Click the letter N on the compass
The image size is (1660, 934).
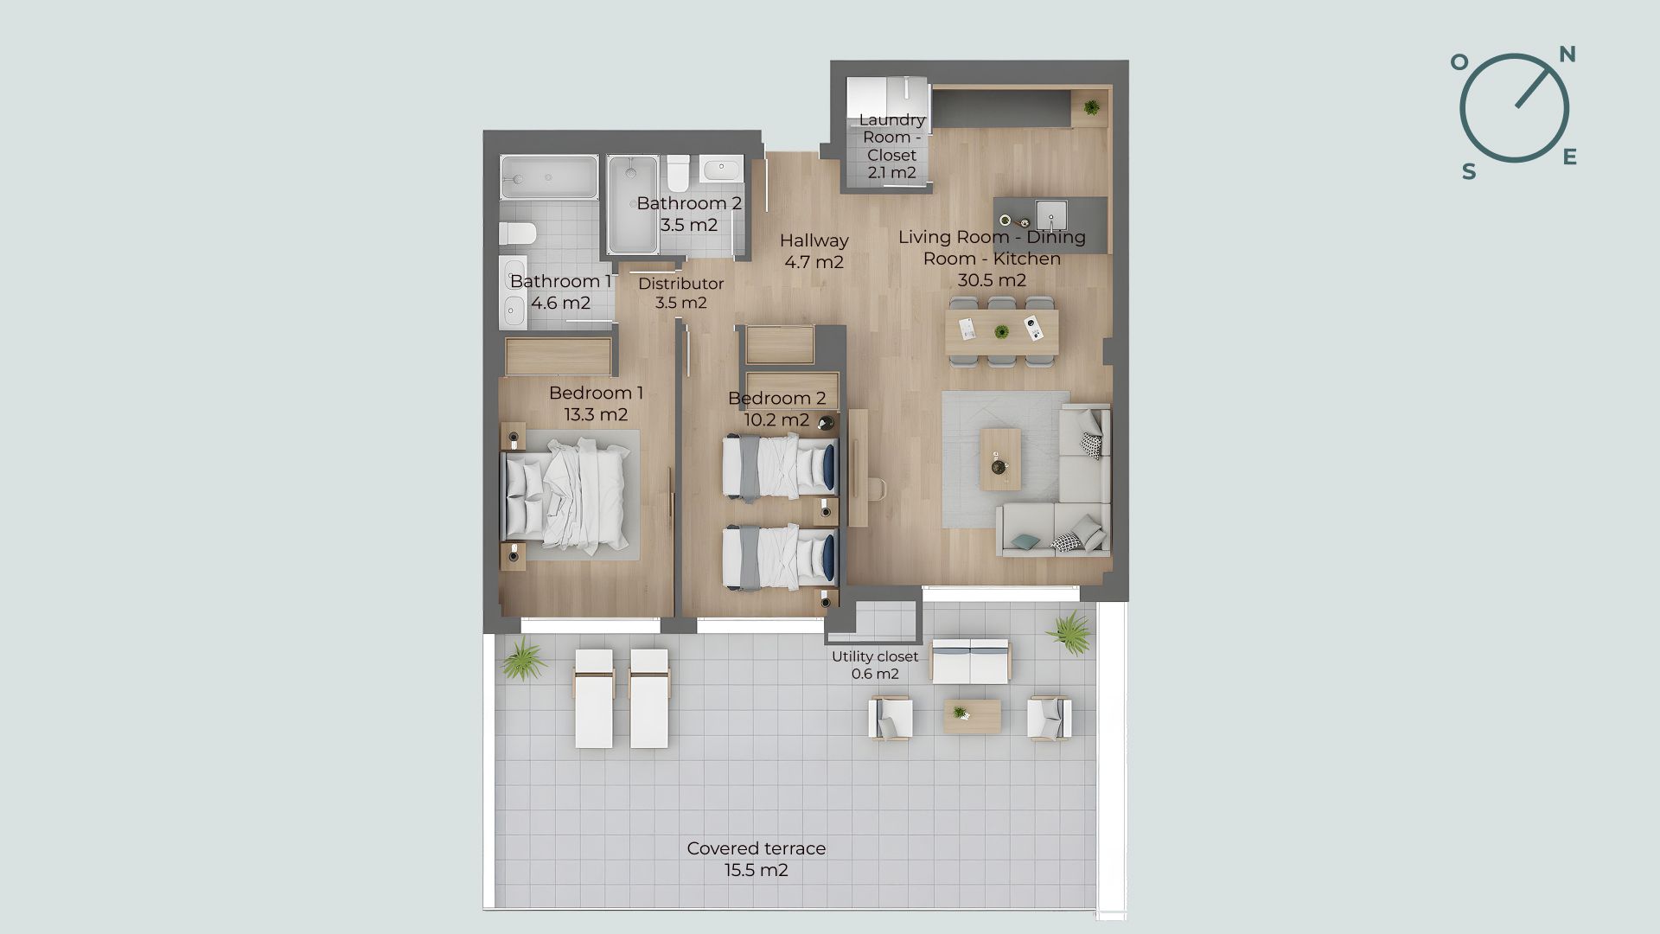pyautogui.click(x=1567, y=55)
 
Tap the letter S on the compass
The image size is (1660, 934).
pyautogui.click(x=1469, y=172)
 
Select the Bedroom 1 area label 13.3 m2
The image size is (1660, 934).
pyautogui.click(x=596, y=414)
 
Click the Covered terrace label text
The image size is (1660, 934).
pyautogui.click(x=757, y=848)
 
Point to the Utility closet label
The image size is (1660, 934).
pyautogui.click(x=875, y=656)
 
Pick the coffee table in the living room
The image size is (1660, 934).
pyautogui.click(x=1000, y=458)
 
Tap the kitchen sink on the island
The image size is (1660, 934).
pyautogui.click(x=1052, y=212)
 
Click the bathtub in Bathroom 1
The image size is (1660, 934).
pyautogui.click(x=549, y=178)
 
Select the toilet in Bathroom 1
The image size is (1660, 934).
pyautogui.click(x=518, y=233)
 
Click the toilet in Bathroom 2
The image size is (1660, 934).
pyautogui.click(x=678, y=172)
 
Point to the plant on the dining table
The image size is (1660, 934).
pyautogui.click(x=1001, y=331)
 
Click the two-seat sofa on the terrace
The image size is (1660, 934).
pyautogui.click(x=970, y=662)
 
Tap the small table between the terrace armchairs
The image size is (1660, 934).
pyautogui.click(x=973, y=715)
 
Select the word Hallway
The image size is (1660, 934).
pyautogui.click(x=814, y=240)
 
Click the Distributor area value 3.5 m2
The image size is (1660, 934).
pyautogui.click(x=681, y=303)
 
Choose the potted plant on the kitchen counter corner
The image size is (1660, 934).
pyautogui.click(x=1092, y=107)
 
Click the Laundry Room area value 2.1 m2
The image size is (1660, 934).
pyautogui.click(x=891, y=172)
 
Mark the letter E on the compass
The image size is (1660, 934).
pyautogui.click(x=1570, y=157)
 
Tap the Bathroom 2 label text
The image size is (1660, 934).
pyautogui.click(x=689, y=203)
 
